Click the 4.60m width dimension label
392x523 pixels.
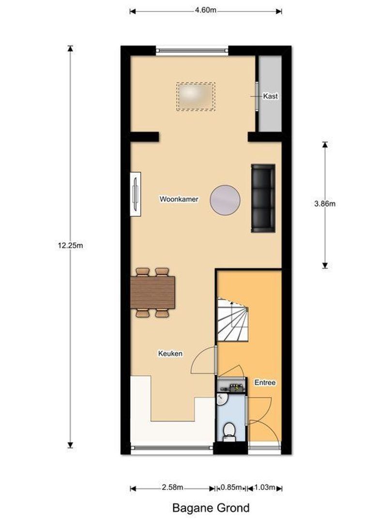click(206, 11)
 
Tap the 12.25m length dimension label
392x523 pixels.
click(71, 245)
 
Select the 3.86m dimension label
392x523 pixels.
click(325, 204)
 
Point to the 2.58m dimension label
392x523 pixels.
click(172, 487)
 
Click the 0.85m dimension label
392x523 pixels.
click(231, 487)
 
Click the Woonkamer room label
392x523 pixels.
click(179, 199)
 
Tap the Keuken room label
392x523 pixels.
click(170, 354)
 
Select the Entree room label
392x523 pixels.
click(265, 383)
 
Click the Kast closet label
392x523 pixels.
click(270, 96)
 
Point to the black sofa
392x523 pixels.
click(263, 198)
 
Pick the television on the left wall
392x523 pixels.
click(136, 194)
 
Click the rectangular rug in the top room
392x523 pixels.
click(196, 96)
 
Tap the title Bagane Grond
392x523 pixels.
click(211, 508)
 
